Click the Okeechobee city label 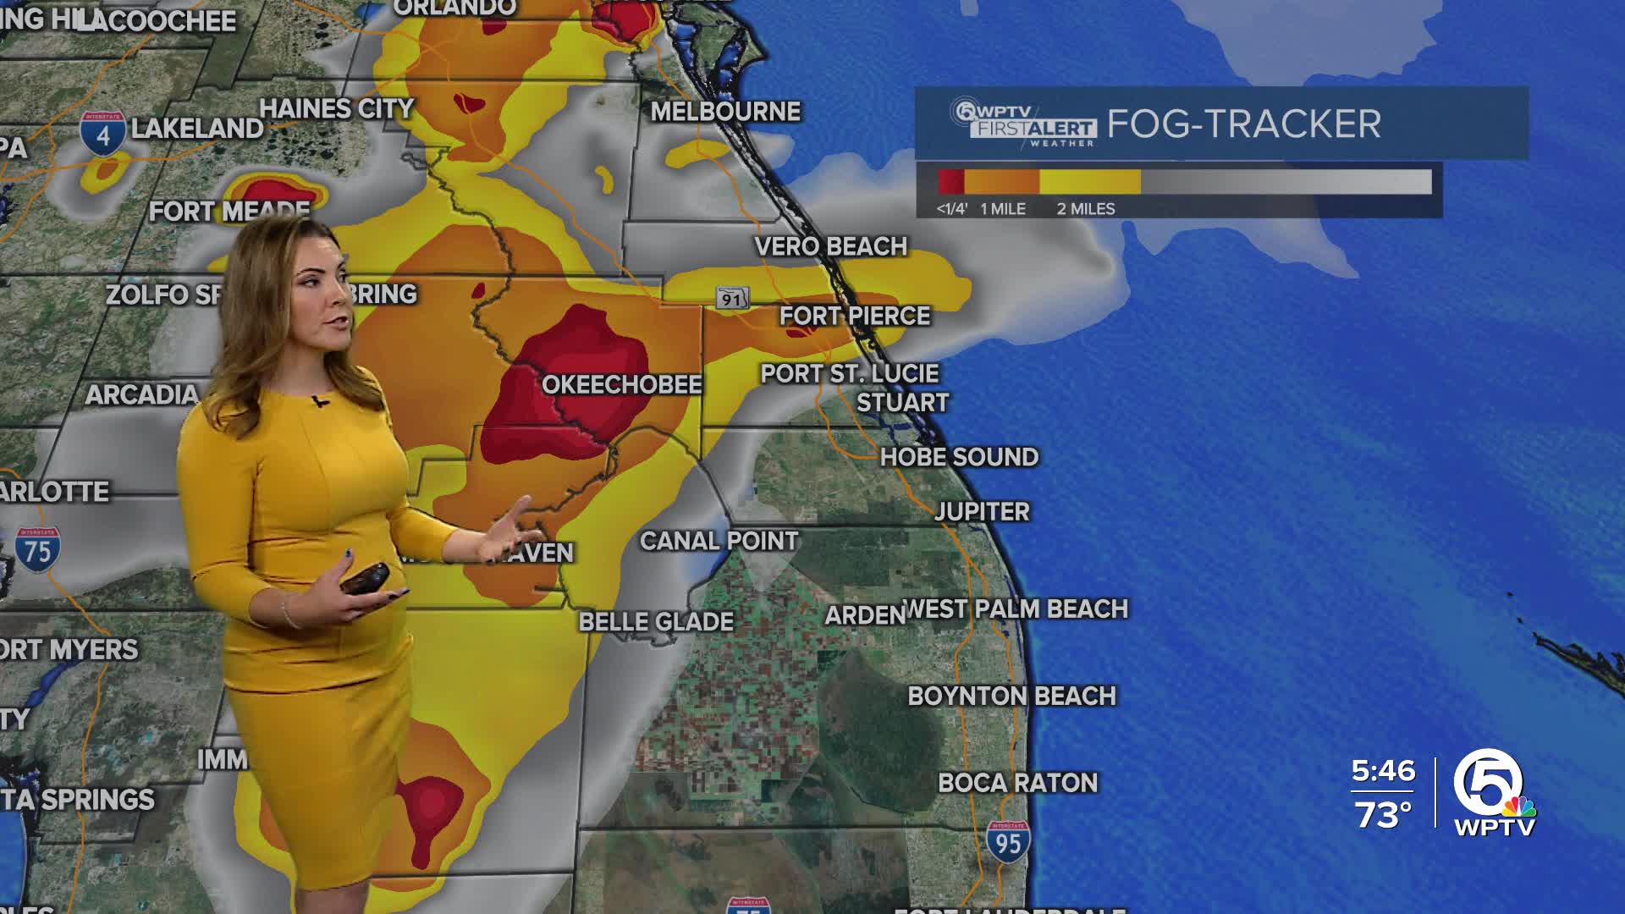coord(622,385)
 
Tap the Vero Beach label coord(830,246)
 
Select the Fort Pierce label coord(855,316)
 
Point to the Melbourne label coord(725,112)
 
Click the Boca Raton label coord(1017,783)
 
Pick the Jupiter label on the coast coord(982,512)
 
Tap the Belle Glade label coord(656,622)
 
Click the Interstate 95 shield coord(1007,841)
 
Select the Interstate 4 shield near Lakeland coord(103,134)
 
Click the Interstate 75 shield coord(37,550)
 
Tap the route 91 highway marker coord(732,298)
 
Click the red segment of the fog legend coord(951,182)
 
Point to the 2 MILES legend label coord(1085,209)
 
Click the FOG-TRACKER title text coord(1243,124)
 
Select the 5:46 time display coord(1383,771)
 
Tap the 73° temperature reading coord(1383,815)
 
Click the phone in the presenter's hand coord(365,579)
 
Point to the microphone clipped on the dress coord(319,401)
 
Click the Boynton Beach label coord(1011,697)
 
